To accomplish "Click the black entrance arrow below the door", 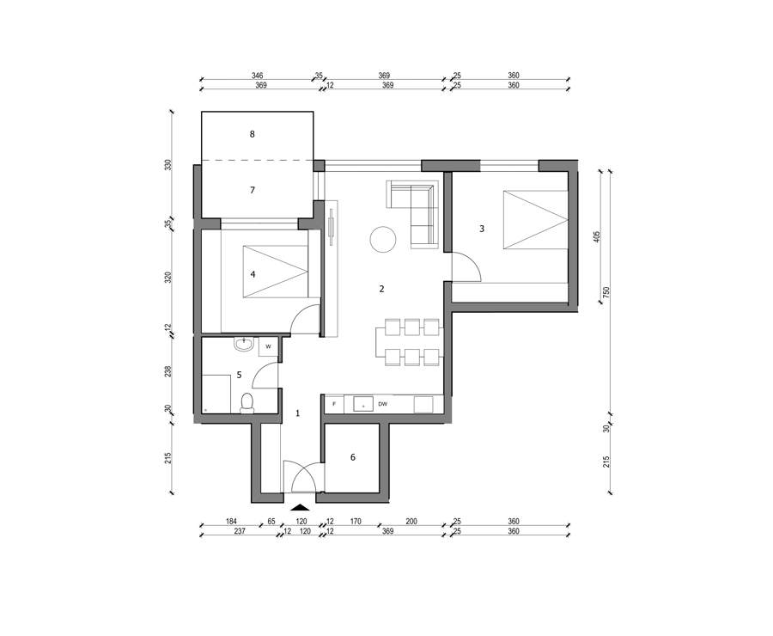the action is click(300, 507).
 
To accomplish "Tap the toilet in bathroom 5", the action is click(247, 403).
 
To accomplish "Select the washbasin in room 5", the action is click(244, 344).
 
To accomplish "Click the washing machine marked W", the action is click(269, 346).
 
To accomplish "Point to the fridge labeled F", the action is click(334, 404).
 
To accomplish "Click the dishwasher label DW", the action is click(382, 404).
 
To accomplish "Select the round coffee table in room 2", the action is click(382, 239).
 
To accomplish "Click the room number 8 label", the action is click(253, 134).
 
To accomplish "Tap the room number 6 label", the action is click(353, 457).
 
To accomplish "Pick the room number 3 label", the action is click(482, 229).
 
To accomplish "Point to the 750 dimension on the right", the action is click(607, 292).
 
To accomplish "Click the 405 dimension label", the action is click(597, 237).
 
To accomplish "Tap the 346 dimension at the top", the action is click(258, 76).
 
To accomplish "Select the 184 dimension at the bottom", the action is click(231, 521).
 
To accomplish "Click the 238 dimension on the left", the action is click(167, 371).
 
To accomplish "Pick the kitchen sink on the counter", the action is click(363, 404).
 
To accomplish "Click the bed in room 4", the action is click(276, 272).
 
